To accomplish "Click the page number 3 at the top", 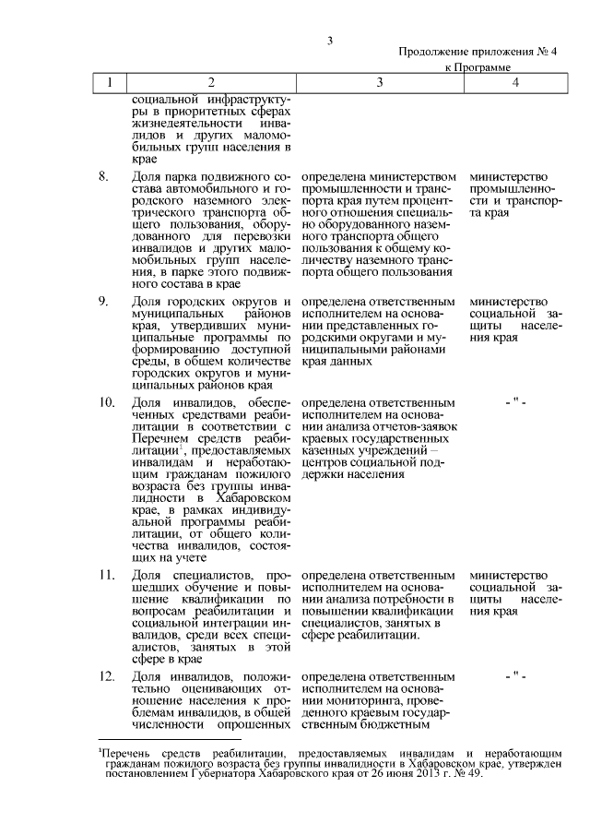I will [329, 39].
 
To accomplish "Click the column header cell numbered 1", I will [110, 83].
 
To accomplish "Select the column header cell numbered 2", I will [210, 83].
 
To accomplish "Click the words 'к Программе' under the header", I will [478, 68].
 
